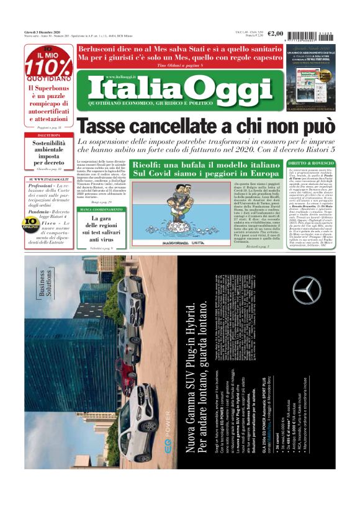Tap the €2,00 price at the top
pyautogui.click(x=275, y=34)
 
